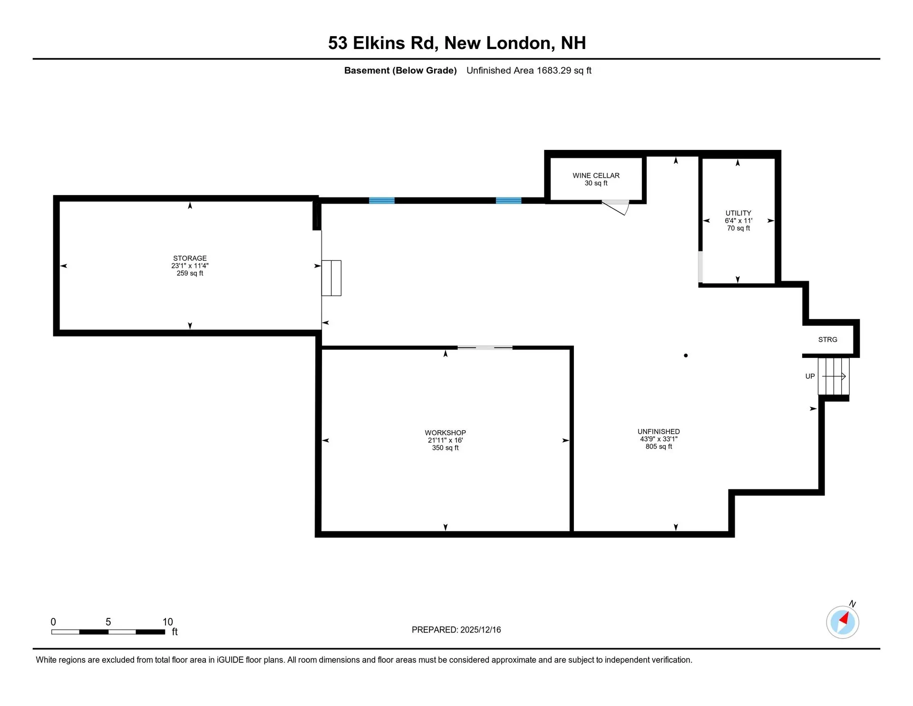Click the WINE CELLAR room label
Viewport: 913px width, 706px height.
[x=596, y=175]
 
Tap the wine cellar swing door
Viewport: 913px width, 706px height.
[x=616, y=207]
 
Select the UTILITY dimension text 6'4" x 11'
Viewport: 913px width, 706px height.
[x=738, y=220]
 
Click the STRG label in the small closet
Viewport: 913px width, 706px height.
[x=827, y=339]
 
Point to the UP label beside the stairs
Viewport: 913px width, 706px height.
[x=810, y=376]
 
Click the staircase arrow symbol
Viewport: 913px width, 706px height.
[x=834, y=376]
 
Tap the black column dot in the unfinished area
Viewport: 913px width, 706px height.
[x=686, y=355]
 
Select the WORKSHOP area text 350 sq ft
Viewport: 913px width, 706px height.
[x=445, y=447]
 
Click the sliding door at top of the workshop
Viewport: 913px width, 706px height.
[x=485, y=348]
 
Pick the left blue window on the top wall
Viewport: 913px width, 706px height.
[x=381, y=200]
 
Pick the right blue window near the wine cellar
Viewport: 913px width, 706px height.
[x=508, y=200]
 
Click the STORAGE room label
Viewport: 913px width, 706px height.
[x=190, y=258]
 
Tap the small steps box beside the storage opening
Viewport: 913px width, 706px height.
[x=331, y=278]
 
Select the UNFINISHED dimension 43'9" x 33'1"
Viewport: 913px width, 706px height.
[x=659, y=439]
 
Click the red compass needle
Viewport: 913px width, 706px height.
[x=845, y=618]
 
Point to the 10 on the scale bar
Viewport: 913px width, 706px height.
[x=167, y=622]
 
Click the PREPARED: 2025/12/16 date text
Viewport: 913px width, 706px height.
[x=456, y=629]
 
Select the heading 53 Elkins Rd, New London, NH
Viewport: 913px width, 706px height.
[x=456, y=43]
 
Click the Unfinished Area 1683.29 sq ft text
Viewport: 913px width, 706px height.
[x=529, y=70]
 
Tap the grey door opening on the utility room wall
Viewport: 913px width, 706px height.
[x=700, y=267]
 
